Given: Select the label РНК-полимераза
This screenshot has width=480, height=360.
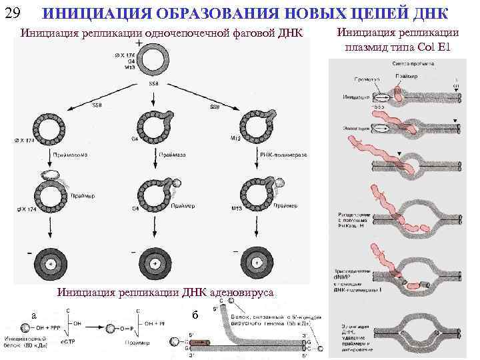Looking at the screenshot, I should pyautogui.click(x=283, y=154).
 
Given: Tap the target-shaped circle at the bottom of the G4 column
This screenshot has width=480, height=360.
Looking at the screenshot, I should pyautogui.click(x=155, y=261).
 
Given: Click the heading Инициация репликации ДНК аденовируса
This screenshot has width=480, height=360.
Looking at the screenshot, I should pyautogui.click(x=165, y=291).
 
